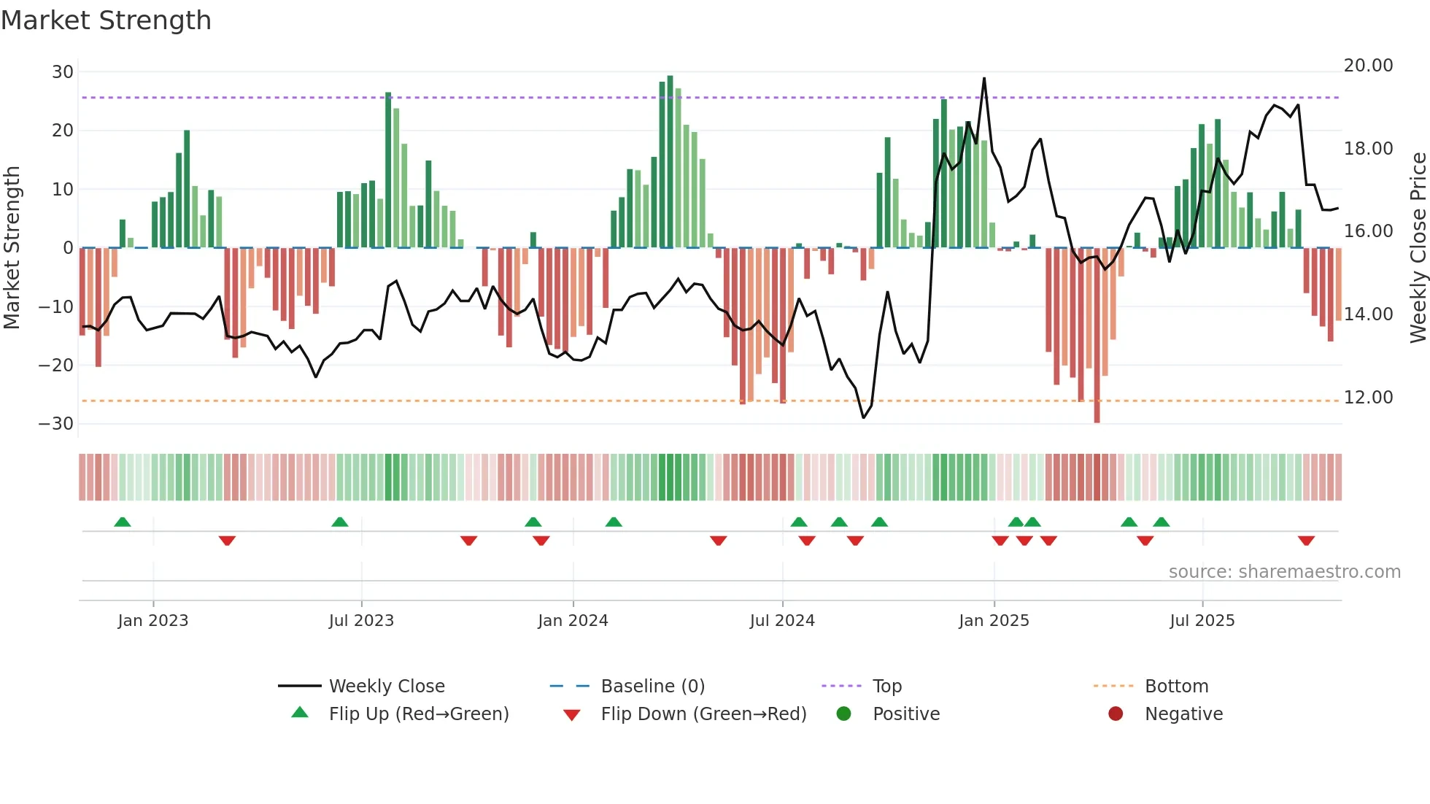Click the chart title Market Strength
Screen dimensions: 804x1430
[106, 20]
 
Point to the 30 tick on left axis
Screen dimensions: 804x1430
[63, 72]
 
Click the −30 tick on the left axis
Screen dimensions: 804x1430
[56, 424]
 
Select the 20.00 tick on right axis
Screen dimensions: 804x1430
[1368, 66]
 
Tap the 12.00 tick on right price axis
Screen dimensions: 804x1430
[1368, 398]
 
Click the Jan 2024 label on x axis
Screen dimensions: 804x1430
[573, 621]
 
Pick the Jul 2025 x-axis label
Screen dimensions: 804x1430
[1202, 621]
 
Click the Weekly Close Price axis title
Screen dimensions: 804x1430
[1418, 248]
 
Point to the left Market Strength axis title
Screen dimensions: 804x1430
[12, 248]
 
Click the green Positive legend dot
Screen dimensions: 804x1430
[844, 714]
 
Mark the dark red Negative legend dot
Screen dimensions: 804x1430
[1116, 714]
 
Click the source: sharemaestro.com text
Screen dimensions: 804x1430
[1284, 572]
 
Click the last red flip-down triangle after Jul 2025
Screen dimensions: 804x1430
[1306, 541]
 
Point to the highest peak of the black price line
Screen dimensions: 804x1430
[984, 79]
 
